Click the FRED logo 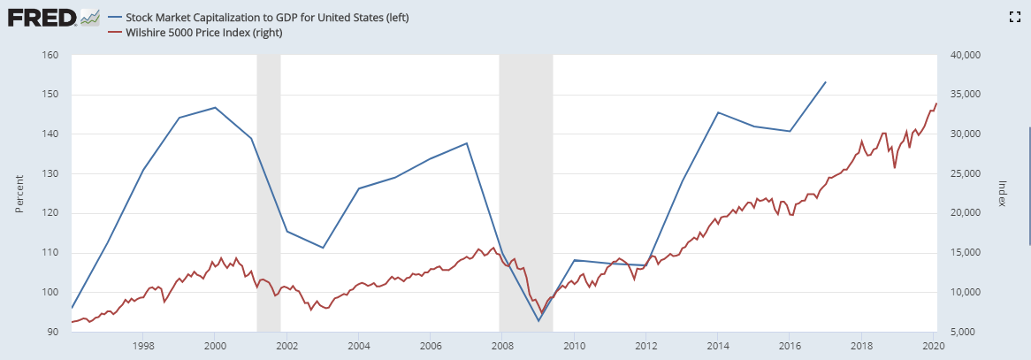pyautogui.click(x=52, y=17)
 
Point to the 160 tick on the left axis pyautogui.click(x=50, y=55)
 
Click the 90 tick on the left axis pyautogui.click(x=52, y=332)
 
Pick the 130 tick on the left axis pyautogui.click(x=50, y=173)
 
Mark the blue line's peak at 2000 pyautogui.click(x=215, y=108)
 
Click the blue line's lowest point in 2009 pyautogui.click(x=538, y=320)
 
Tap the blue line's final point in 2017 pyautogui.click(x=825, y=82)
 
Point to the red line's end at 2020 pyautogui.click(x=936, y=103)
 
